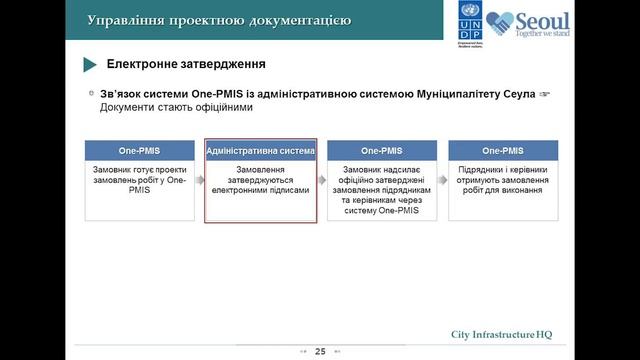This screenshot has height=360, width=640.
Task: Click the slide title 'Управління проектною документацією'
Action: pos(218,20)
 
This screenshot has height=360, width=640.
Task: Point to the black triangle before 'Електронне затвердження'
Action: pos(89,65)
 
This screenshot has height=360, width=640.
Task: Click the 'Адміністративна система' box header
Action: pos(260,151)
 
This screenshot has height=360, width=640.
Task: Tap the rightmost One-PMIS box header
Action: pos(503,151)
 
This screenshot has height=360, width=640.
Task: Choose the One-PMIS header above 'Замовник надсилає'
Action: pos(382,151)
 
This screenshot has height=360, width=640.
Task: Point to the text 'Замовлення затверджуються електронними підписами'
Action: pos(260,179)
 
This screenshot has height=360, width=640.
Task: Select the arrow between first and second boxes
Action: pos(200,181)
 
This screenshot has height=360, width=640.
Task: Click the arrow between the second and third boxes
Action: pos(322,181)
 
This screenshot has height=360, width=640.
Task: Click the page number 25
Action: pos(320,351)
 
